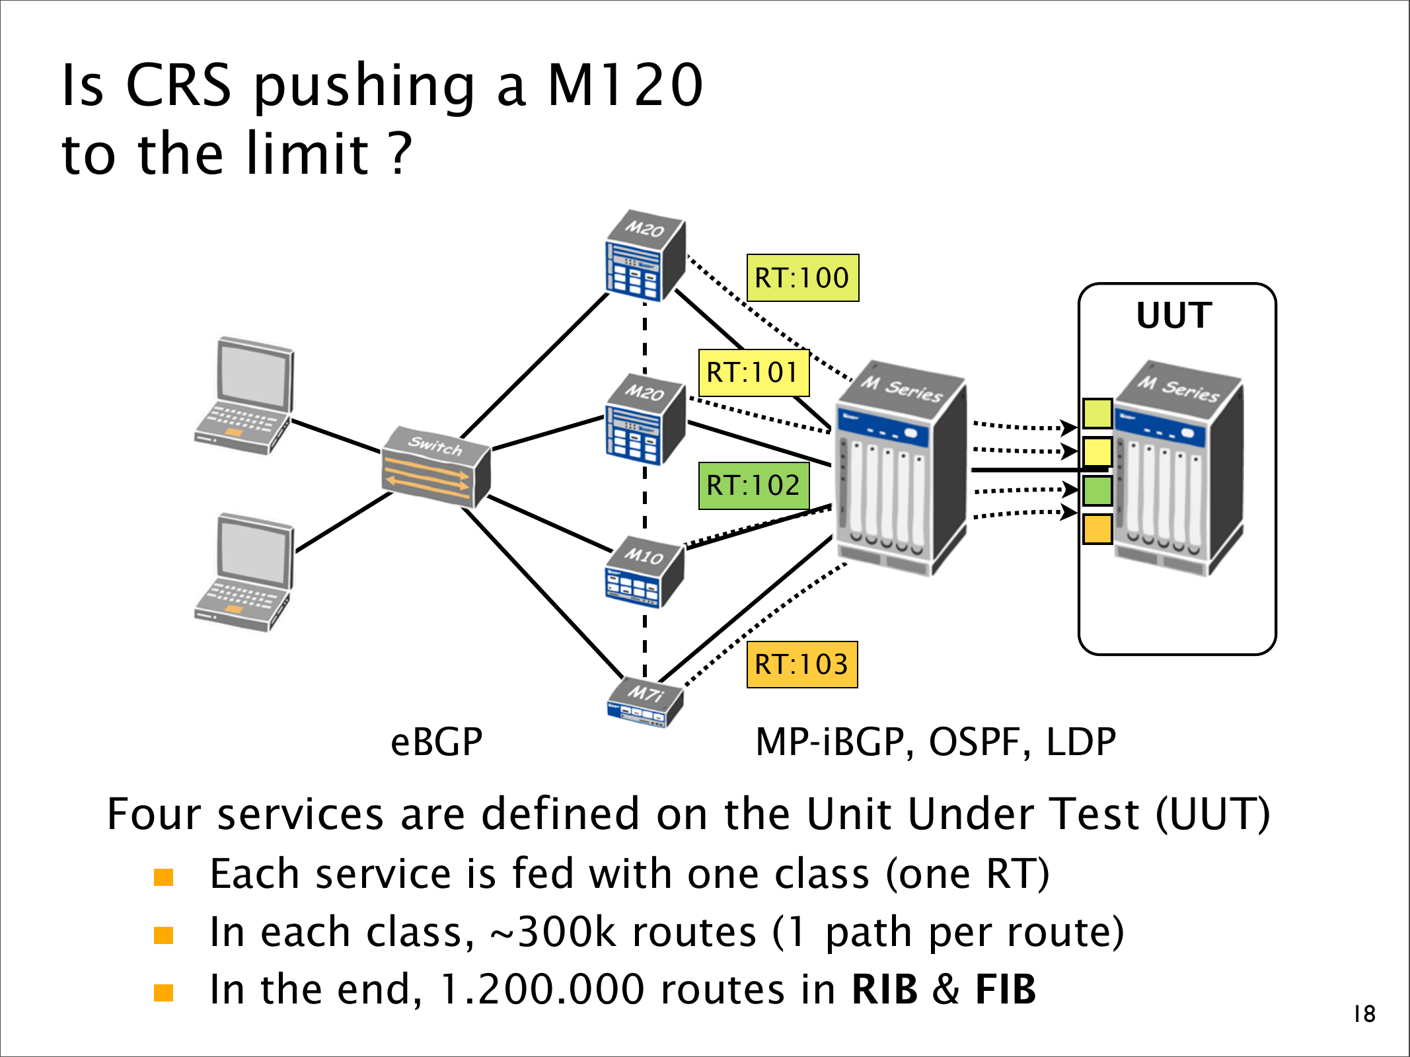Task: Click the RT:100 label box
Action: [802, 278]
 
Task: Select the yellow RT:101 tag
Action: [753, 373]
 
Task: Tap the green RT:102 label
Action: [753, 486]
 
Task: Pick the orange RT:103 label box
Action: [801, 665]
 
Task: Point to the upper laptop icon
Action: [244, 396]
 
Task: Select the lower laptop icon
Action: [244, 572]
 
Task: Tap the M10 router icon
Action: [644, 572]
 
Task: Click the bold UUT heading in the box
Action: [1174, 315]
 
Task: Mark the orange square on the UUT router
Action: [1097, 529]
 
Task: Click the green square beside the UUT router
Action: [1097, 491]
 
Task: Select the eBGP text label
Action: [437, 742]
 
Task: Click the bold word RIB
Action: [884, 990]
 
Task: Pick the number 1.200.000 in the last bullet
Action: [542, 990]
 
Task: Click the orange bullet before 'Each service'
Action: [163, 877]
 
